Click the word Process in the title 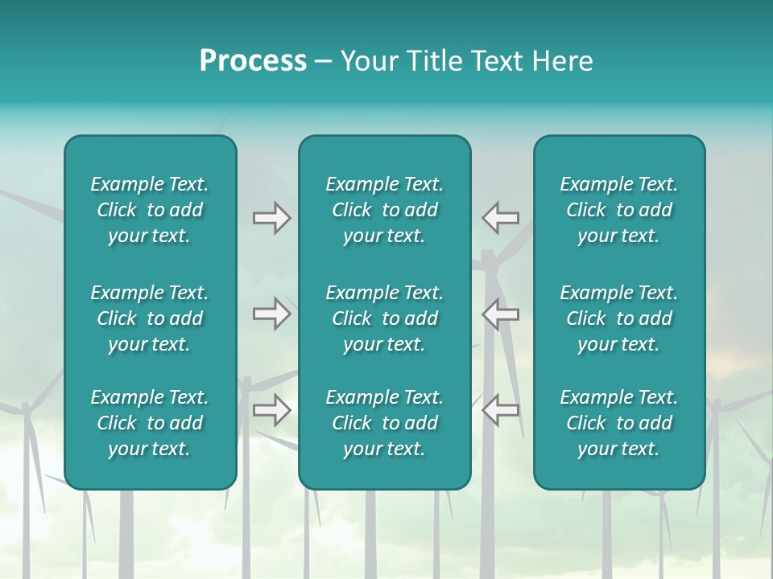(x=253, y=61)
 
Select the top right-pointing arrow (x=271, y=218)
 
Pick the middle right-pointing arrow (x=271, y=314)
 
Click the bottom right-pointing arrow (x=271, y=410)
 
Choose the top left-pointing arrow (x=500, y=218)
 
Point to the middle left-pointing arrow (x=500, y=314)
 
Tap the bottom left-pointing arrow (x=500, y=410)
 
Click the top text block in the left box (x=150, y=210)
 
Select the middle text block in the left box (x=150, y=318)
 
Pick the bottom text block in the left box (x=150, y=423)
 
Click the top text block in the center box (x=384, y=210)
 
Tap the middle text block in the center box (x=384, y=318)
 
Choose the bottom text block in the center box (x=384, y=423)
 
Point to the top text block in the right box (x=619, y=210)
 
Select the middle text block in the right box (x=619, y=318)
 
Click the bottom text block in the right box (x=619, y=423)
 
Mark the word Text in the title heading (x=499, y=61)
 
